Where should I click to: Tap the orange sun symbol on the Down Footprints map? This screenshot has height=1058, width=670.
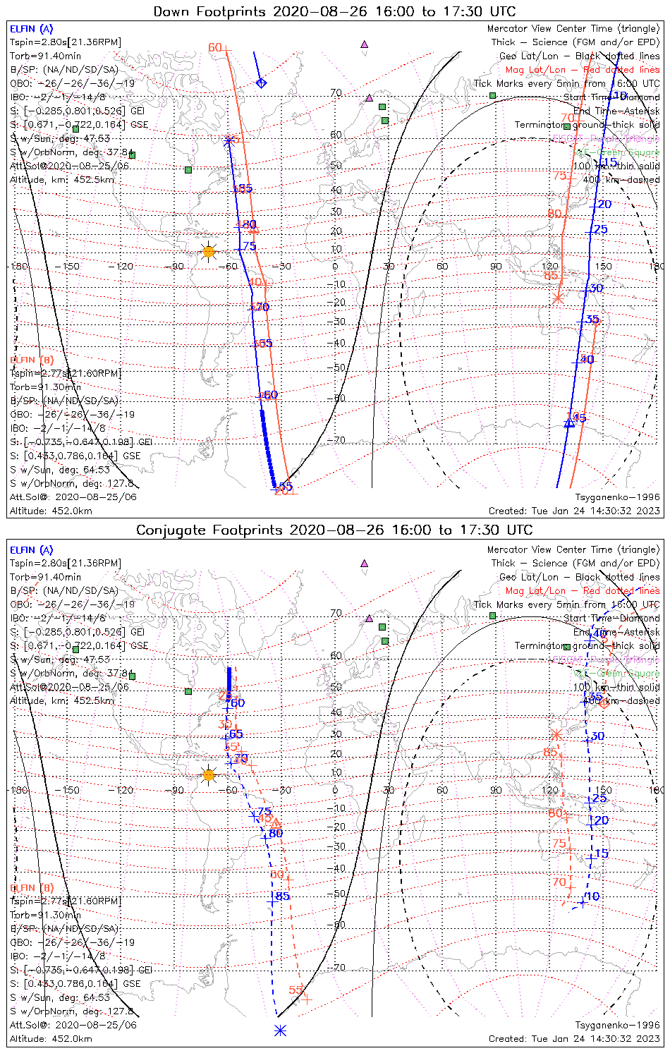(208, 251)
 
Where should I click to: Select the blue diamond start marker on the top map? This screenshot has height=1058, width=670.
(261, 83)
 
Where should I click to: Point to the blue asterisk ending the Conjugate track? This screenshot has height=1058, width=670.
(280, 1030)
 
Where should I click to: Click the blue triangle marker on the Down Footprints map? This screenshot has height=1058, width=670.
(570, 422)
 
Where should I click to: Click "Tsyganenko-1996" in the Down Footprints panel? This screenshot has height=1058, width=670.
(617, 497)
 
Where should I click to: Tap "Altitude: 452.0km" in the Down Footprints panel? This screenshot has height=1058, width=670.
(51, 511)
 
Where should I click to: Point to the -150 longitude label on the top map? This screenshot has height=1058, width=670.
(70, 267)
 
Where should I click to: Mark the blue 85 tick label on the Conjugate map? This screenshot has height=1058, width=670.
(282, 896)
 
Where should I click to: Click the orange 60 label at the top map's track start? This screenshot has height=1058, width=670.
(214, 48)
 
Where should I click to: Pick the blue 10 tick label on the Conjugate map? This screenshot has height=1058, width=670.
(593, 896)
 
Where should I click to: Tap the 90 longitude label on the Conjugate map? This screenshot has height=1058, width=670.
(496, 790)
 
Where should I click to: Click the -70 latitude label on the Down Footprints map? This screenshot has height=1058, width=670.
(339, 440)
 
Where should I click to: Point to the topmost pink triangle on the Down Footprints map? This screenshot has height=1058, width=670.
(365, 44)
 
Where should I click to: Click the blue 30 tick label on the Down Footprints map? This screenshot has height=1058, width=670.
(597, 288)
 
